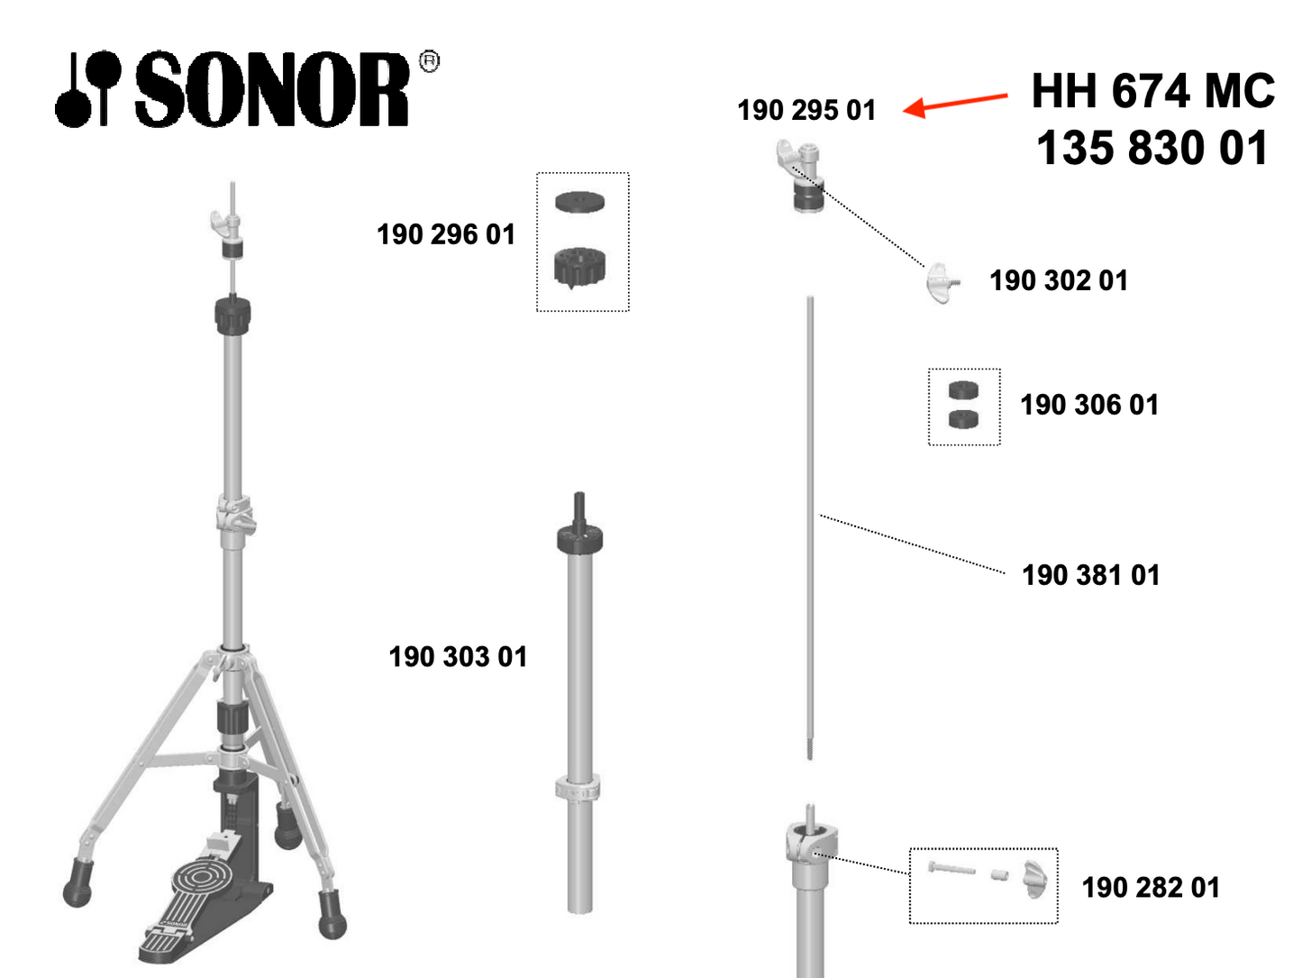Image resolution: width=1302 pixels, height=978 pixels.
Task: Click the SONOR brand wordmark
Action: click(272, 89)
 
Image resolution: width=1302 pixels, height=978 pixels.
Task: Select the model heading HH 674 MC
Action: click(1152, 91)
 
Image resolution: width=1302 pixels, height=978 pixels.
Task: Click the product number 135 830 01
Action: click(1152, 148)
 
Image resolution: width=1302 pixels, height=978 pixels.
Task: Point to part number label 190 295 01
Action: click(806, 110)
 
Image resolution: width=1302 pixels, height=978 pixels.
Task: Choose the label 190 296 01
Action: click(445, 234)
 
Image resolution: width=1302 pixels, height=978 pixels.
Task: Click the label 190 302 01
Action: click(1058, 280)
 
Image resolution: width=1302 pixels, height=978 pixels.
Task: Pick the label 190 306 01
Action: click(1089, 405)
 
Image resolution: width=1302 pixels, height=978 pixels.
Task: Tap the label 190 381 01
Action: click(1090, 575)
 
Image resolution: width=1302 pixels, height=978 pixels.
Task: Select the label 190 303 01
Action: click(458, 657)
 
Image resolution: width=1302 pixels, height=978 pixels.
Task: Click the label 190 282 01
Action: click(1151, 888)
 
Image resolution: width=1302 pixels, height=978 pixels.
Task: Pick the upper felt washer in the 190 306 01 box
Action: click(963, 390)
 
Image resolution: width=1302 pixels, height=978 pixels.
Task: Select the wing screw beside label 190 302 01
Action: click(942, 283)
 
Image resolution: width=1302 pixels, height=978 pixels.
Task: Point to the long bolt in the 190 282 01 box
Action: click(951, 868)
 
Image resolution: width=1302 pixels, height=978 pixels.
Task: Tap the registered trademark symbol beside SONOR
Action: click(429, 61)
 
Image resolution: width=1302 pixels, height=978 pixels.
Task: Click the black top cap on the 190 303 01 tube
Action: click(579, 537)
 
